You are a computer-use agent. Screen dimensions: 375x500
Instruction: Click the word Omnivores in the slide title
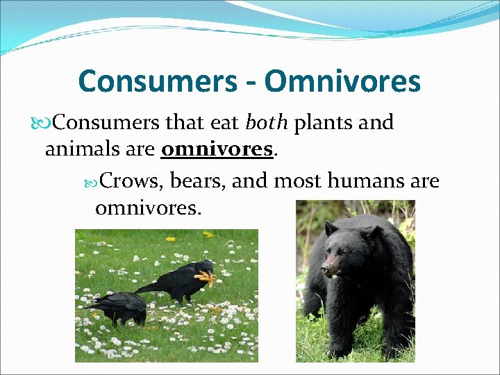pyautogui.click(x=342, y=81)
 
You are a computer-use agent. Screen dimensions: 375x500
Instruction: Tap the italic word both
pyautogui.click(x=267, y=123)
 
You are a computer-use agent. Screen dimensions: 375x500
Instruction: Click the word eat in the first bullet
pyautogui.click(x=224, y=123)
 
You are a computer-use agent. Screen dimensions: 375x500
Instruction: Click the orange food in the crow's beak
pyautogui.click(x=204, y=278)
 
